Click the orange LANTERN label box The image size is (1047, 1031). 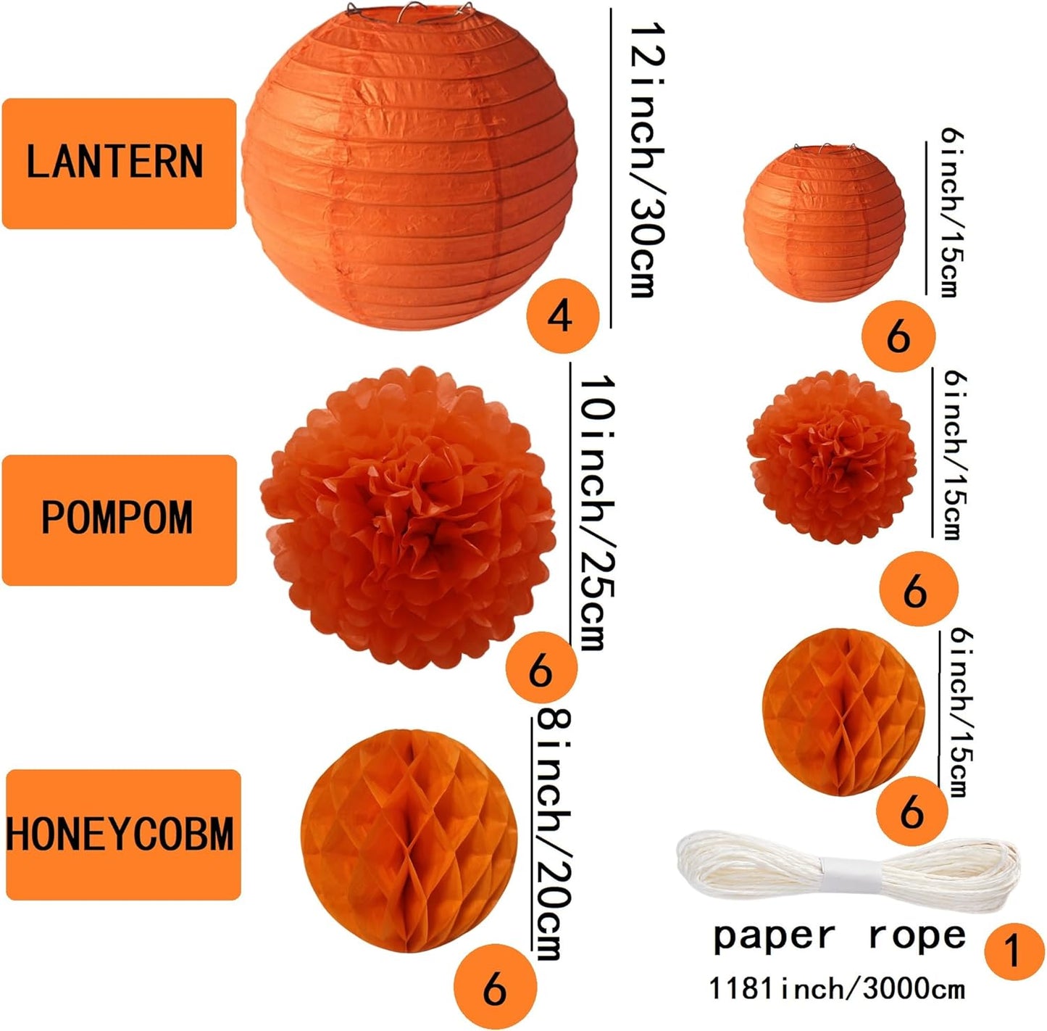pos(119,163)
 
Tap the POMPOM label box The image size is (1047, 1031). pos(119,521)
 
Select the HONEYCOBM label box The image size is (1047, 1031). pos(123,835)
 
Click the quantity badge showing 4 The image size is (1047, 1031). pos(563,315)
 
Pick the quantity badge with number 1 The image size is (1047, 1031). pos(1014,951)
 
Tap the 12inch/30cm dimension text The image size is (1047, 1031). pos(646,160)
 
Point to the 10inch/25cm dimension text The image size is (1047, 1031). pos(598,512)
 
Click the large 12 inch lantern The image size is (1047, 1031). pos(409,168)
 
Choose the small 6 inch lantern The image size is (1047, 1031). pos(825,222)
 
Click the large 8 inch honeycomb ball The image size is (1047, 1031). pos(409,840)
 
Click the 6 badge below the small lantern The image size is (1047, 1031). pos(898,336)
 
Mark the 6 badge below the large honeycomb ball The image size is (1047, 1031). pos(495,989)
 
